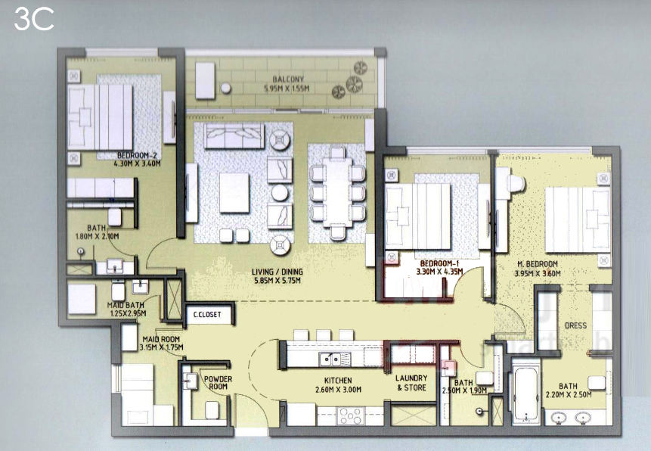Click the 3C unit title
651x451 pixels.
[x=34, y=20]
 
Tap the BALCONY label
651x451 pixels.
[x=288, y=79]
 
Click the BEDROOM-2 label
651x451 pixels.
[x=137, y=155]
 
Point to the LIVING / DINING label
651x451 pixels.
[x=277, y=272]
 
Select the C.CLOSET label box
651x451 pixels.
[x=207, y=315]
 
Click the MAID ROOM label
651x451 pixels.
[x=161, y=339]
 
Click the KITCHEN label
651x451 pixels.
[x=338, y=381]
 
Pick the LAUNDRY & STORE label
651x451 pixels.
[x=411, y=383]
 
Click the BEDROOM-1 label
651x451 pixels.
[x=439, y=263]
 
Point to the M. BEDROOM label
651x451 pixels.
[x=538, y=264]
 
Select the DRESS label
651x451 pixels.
[x=575, y=325]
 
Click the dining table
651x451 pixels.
[x=337, y=192]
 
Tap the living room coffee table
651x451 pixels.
[x=234, y=192]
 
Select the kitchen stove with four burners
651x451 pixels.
[x=350, y=415]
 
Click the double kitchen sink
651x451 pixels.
[x=335, y=359]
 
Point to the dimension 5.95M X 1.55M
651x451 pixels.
[x=287, y=89]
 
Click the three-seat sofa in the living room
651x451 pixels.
[x=234, y=135]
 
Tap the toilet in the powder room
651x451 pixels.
[x=212, y=410]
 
